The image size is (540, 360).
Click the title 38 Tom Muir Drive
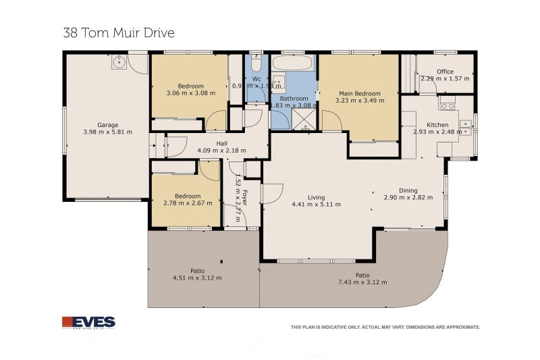click(119, 32)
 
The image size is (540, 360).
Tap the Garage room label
click(107, 125)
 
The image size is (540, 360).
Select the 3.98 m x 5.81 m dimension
click(107, 132)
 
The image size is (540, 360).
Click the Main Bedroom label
click(359, 94)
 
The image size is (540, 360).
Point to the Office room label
click(445, 72)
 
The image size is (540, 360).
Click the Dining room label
click(408, 190)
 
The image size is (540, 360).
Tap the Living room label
click(316, 197)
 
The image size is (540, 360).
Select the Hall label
click(221, 143)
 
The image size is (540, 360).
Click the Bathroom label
click(294, 99)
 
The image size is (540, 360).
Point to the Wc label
click(256, 79)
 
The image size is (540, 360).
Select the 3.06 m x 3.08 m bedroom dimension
click(190, 93)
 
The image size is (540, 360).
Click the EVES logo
click(88, 323)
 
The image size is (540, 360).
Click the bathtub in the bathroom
click(294, 65)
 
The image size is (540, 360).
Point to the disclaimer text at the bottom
click(385, 327)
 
